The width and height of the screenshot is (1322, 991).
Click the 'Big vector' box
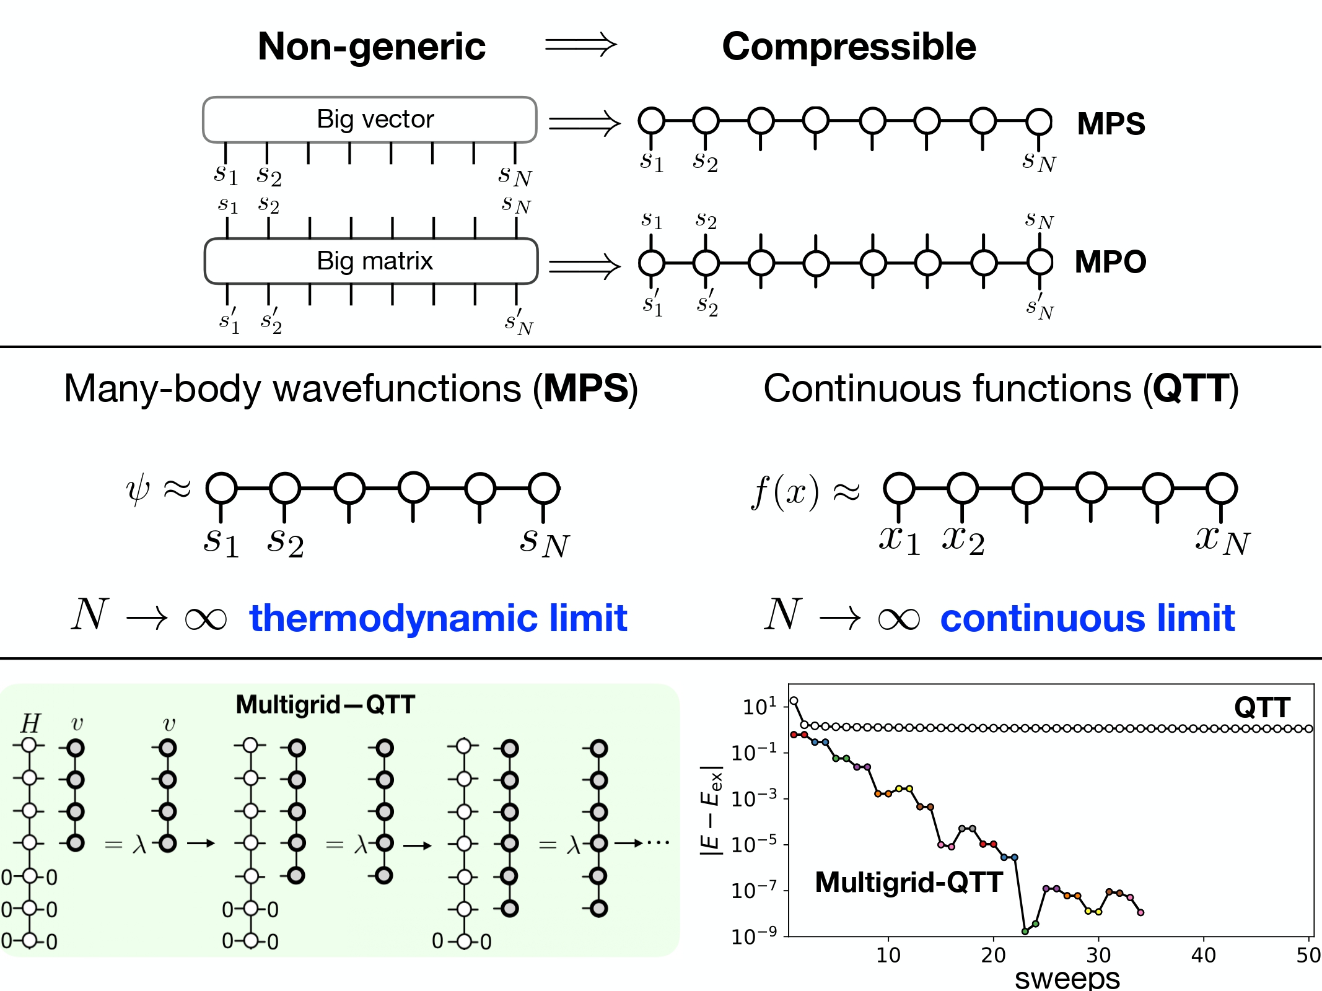click(x=370, y=120)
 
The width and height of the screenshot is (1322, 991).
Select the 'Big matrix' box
click(x=371, y=261)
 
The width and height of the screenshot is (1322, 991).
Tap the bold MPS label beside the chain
click(x=1111, y=124)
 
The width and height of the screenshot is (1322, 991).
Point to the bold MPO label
click(x=1110, y=262)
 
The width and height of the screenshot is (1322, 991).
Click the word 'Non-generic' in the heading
click(x=372, y=47)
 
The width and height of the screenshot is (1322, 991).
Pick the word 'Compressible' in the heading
click(x=849, y=47)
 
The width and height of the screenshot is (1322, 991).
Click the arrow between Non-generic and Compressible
click(x=580, y=45)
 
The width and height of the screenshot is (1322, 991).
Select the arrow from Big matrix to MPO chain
click(x=584, y=266)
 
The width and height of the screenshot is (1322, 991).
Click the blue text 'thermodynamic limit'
click(x=438, y=618)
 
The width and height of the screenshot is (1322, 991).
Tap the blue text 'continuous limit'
click(x=1087, y=618)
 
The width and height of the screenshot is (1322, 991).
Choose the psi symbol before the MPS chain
click(x=138, y=491)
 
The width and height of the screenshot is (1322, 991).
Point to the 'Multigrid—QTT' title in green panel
click(x=325, y=705)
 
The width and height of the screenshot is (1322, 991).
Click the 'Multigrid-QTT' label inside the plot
click(x=909, y=882)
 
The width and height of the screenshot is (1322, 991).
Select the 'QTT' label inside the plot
click(x=1262, y=707)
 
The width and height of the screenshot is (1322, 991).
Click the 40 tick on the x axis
click(x=1203, y=956)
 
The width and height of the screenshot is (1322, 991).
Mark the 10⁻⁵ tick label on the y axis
click(x=753, y=845)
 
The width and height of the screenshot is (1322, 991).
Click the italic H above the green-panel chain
click(x=30, y=723)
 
